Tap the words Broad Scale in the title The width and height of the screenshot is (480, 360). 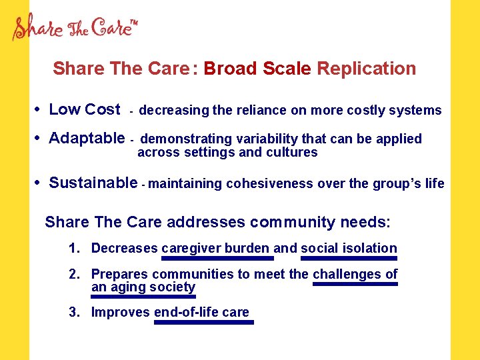click(x=258, y=69)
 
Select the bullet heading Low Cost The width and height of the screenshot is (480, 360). click(x=85, y=109)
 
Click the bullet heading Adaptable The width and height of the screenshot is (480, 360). click(x=87, y=138)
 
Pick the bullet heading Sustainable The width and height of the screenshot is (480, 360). click(x=93, y=183)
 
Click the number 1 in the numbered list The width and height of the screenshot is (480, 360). click(x=74, y=249)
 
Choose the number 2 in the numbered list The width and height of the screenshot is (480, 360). click(x=74, y=274)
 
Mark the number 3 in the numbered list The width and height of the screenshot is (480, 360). click(x=74, y=312)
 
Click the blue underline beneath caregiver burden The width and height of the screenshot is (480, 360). click(x=217, y=257)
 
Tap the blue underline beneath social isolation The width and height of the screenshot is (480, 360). click(x=349, y=257)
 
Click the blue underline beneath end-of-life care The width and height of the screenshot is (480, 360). click(x=204, y=322)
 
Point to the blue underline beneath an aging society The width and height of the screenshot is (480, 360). click(x=143, y=297)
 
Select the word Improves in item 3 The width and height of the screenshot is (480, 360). click(x=121, y=312)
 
